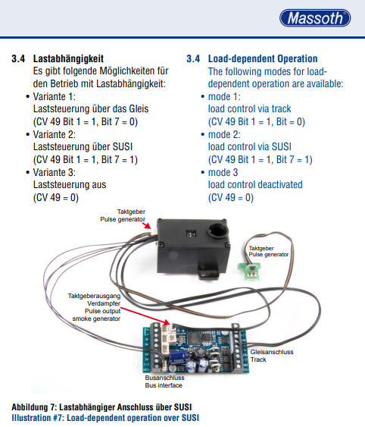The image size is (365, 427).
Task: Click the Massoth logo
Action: point(315,18)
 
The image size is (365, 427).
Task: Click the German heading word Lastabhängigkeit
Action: point(68,59)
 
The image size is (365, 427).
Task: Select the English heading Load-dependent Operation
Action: point(263,59)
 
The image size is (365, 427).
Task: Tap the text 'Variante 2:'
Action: point(54,134)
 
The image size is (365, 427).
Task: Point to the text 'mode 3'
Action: point(223,172)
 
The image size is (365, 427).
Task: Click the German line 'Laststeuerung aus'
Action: point(70,185)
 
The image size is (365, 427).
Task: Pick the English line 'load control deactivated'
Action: point(255,185)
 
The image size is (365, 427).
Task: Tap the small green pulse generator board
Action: point(249,271)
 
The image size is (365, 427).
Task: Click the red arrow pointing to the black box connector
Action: point(147,225)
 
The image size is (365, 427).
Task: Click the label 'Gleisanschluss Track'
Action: point(272,356)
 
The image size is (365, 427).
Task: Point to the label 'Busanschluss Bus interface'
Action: point(164,381)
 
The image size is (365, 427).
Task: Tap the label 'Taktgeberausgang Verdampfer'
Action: point(94,300)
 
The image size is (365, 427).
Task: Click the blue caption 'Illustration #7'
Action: point(36,418)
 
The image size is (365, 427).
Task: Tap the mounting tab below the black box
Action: point(209,273)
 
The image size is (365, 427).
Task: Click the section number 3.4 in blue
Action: point(193,59)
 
